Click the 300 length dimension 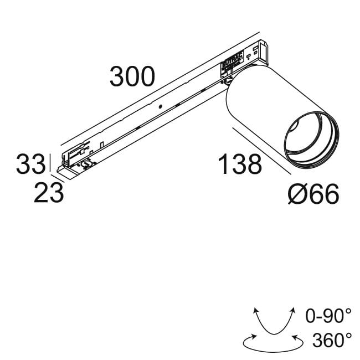point(132,77)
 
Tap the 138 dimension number point(240,164)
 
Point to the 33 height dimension point(30,164)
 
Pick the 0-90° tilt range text point(328,317)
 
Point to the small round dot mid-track point(159,106)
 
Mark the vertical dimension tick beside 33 point(52,164)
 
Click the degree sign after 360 point(348,334)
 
